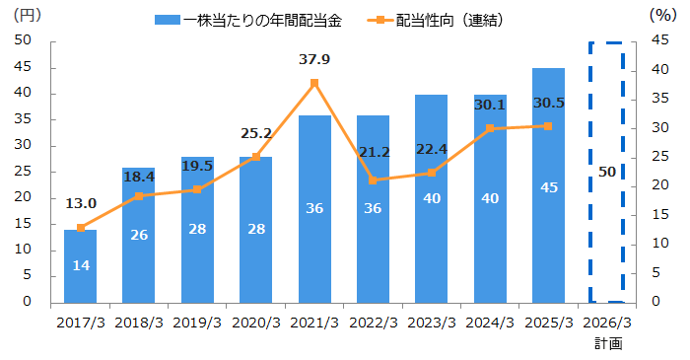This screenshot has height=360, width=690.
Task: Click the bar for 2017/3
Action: (80, 266)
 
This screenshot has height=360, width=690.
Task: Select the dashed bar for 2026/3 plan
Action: (607, 173)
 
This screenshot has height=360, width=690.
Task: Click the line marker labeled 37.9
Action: (314, 83)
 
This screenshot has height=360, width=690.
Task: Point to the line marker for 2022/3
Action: (373, 180)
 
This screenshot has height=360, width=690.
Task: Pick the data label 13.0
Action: (80, 203)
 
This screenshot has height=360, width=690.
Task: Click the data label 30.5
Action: (548, 103)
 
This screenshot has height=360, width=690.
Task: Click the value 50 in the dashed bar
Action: (607, 172)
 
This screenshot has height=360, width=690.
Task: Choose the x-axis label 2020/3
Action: (256, 323)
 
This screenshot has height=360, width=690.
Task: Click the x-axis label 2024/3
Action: (490, 323)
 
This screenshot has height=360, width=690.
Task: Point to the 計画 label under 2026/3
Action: (607, 343)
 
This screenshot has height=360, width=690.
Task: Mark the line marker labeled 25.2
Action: (256, 157)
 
